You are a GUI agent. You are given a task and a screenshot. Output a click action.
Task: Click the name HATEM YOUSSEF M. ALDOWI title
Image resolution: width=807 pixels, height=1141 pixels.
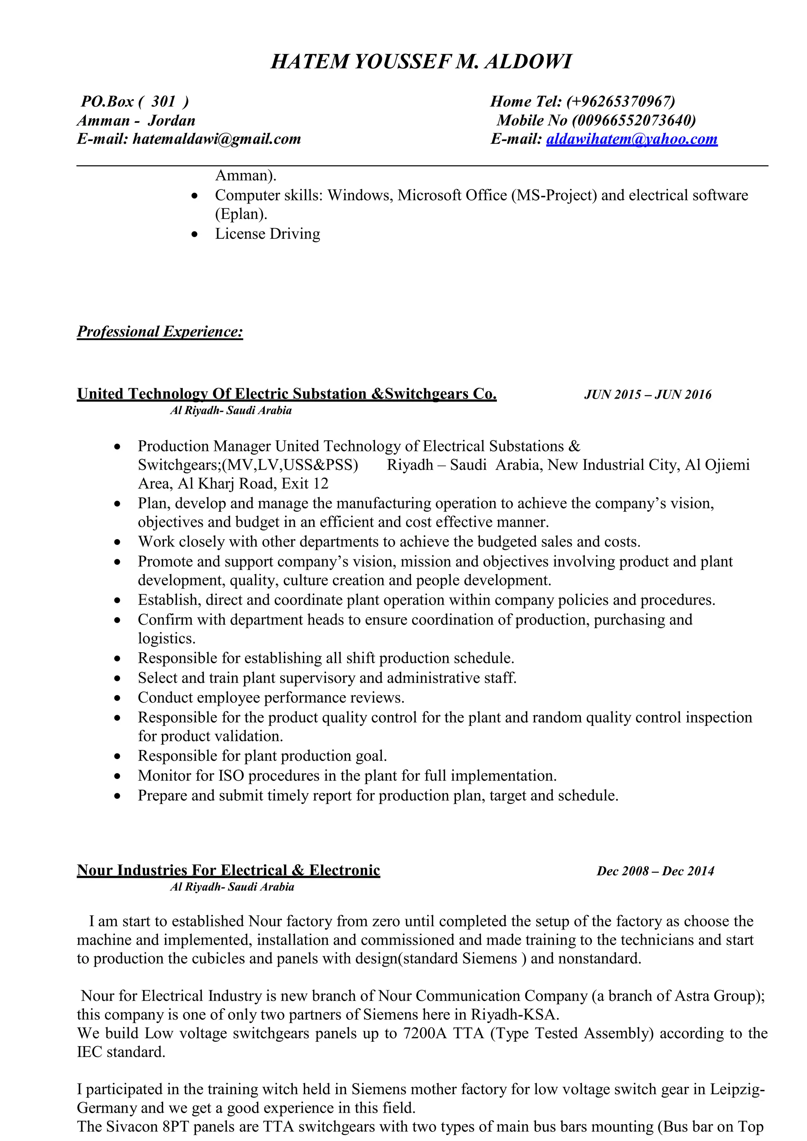click(421, 61)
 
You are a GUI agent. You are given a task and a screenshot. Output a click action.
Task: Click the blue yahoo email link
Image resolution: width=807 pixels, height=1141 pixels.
click(632, 139)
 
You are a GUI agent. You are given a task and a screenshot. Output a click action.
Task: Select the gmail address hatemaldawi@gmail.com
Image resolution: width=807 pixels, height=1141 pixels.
click(217, 139)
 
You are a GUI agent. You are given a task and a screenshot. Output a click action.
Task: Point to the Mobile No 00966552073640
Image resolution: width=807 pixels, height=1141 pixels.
click(634, 120)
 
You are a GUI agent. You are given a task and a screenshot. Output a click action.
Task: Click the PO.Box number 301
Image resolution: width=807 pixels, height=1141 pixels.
click(163, 101)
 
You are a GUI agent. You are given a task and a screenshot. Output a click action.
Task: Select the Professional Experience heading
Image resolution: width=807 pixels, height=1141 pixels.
click(160, 332)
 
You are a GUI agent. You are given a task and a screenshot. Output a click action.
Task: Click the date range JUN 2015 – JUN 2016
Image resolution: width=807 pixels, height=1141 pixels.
click(647, 395)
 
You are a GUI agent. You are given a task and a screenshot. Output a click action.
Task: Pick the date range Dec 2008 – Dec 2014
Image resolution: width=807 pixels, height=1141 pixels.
click(655, 871)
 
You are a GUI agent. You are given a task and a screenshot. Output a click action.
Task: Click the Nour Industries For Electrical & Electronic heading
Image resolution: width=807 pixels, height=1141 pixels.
click(228, 870)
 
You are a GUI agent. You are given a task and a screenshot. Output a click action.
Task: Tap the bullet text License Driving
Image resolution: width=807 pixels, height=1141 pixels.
click(268, 234)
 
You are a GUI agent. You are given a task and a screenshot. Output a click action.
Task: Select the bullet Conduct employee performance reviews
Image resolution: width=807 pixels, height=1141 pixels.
click(271, 698)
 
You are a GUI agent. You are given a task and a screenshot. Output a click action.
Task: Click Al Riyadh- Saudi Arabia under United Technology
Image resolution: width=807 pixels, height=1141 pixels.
click(231, 410)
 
